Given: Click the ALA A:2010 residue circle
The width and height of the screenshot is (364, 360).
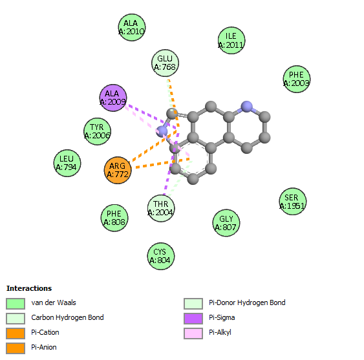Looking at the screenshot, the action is tap(132, 27).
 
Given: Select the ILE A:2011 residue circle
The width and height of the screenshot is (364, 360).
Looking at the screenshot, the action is tap(231, 40).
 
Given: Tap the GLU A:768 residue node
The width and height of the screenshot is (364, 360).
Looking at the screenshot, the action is tap(165, 63).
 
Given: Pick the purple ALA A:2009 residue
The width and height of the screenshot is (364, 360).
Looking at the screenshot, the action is tap(113, 98).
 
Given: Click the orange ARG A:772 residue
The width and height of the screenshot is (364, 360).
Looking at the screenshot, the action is tap(118, 170).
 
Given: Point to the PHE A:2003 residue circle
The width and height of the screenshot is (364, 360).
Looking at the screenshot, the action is tap(297, 79).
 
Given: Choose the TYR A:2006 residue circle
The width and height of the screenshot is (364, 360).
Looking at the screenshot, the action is tap(97, 131).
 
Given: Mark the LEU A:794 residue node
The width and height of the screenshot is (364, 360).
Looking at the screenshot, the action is tap(67, 163).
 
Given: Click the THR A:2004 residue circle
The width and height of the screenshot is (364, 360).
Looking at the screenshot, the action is tap(161, 208).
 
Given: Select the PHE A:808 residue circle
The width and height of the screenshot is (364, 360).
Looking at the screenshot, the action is tap(114, 218).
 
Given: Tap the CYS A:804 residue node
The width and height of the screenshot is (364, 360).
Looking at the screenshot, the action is tap(160, 256).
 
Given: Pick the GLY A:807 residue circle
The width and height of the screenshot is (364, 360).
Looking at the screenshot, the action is tap(226, 223).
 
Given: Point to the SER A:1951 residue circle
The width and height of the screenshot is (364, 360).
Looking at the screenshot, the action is tap(292, 202).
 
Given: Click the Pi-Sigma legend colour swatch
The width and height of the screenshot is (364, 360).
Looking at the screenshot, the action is tap(193, 319).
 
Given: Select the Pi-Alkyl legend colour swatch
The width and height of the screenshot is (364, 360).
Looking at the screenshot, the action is tap(193, 334).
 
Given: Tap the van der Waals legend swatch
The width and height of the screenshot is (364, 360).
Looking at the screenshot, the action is tap(16, 304).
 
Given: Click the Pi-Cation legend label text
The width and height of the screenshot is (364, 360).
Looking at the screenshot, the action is tap(45, 332).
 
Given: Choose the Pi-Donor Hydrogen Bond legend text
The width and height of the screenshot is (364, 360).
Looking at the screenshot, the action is tap(247, 302).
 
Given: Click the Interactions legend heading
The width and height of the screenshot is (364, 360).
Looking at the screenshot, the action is tap(29, 288).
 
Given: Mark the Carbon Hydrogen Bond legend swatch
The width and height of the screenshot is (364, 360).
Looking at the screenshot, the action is tap(16, 319).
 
